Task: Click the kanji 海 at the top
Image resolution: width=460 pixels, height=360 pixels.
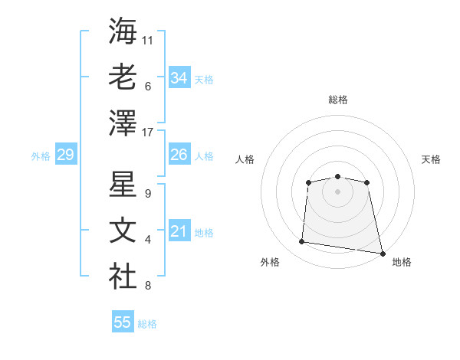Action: tap(123, 31)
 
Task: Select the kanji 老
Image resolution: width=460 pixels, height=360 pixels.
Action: tap(123, 77)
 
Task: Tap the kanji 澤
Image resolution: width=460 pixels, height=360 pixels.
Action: tap(123, 123)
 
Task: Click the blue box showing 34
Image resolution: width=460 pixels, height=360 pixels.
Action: tap(179, 77)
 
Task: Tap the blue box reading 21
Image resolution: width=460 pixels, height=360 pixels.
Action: tap(179, 231)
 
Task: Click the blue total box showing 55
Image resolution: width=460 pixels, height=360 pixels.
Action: tap(122, 322)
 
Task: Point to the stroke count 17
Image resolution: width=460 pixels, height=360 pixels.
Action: tap(149, 133)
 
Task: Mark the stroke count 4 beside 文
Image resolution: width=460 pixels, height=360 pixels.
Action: tap(148, 241)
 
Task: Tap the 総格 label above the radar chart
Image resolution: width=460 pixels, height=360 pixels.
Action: tap(337, 100)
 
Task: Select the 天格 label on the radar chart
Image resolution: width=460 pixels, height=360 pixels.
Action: tap(432, 159)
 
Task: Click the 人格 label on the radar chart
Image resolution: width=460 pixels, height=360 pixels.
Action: tap(245, 159)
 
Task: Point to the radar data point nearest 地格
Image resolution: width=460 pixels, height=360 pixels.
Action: tap(382, 253)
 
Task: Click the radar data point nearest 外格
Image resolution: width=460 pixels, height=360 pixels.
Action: tap(302, 242)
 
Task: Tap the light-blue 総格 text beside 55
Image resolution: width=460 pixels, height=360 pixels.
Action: tap(147, 324)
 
